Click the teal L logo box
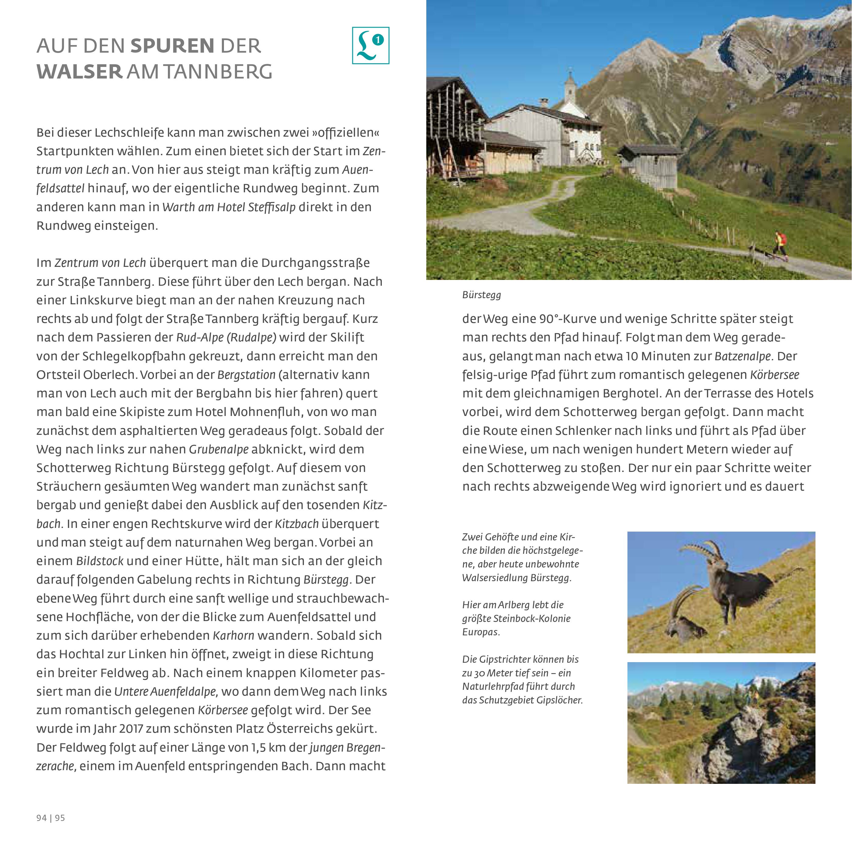coord(370,45)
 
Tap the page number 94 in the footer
coord(41,818)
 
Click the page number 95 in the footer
coord(60,818)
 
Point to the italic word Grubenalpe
coord(219,449)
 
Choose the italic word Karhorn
coord(234,635)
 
